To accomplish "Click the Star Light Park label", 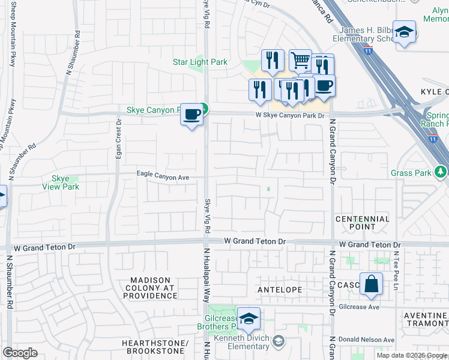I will coord(200,62).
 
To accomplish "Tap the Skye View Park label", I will coord(61,183).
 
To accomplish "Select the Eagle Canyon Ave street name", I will coord(163,178).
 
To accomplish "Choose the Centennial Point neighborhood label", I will coord(363,223).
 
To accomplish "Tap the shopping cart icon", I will coord(300,59).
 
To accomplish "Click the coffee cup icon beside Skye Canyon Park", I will coord(192,113).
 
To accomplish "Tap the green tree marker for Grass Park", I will coord(441,173).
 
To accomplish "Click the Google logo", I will coord(20,353).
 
